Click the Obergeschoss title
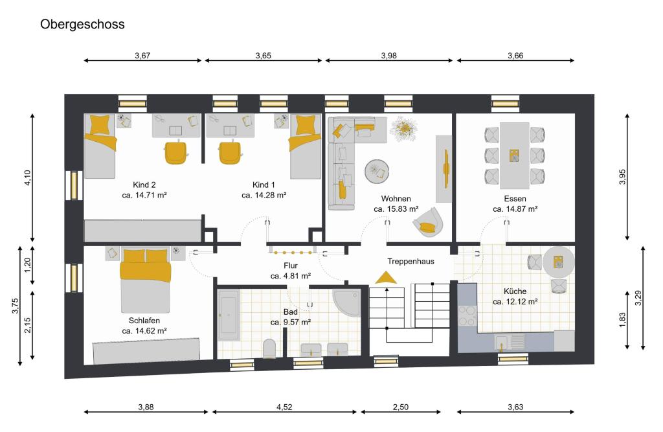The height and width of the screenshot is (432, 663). tap(82, 25)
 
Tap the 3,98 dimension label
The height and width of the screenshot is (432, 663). tap(388, 56)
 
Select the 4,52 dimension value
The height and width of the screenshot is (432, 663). tap(284, 407)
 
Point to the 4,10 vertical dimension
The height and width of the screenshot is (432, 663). tap(27, 177)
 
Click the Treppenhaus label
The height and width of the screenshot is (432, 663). tap(410, 262)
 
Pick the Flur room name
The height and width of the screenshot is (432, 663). tap(291, 266)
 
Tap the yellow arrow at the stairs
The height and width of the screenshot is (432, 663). tap(386, 277)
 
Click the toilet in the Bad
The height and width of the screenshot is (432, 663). tap(269, 348)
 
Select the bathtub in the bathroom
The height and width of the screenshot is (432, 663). tap(229, 315)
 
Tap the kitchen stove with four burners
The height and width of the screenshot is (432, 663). tap(467, 315)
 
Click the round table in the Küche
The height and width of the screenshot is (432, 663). tap(559, 262)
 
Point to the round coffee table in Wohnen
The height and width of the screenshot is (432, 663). tap(377, 172)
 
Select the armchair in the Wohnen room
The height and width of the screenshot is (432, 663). tap(429, 222)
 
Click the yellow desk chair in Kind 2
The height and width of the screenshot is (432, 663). tap(176, 152)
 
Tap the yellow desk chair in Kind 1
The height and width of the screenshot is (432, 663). tap(230, 152)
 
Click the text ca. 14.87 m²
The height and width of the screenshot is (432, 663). tap(515, 209)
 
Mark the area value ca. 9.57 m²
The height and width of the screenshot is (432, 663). tap(291, 323)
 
